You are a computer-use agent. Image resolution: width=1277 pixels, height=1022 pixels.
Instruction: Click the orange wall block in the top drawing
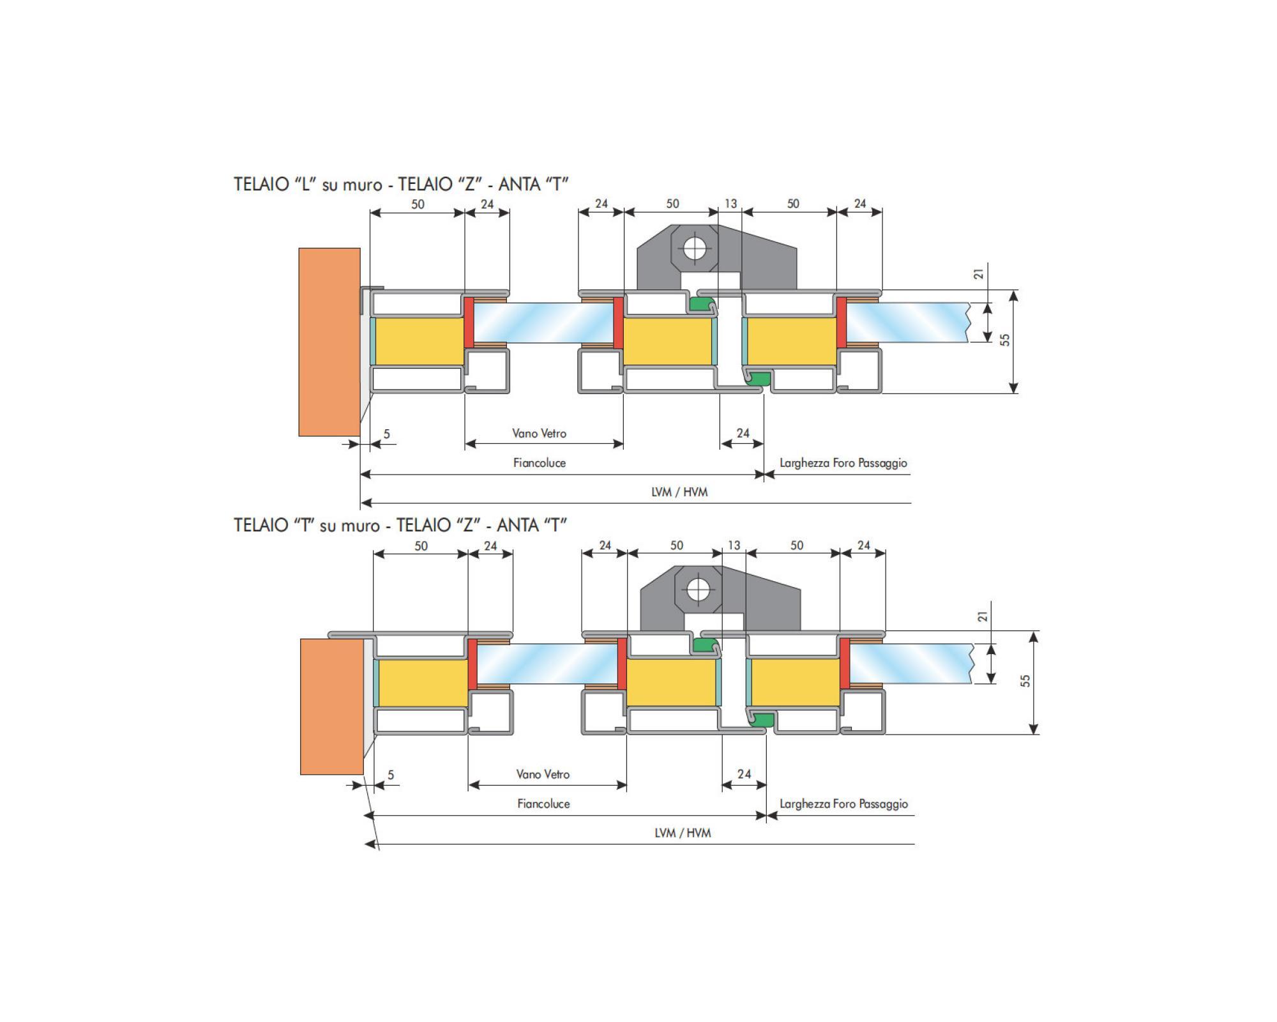coord(329,342)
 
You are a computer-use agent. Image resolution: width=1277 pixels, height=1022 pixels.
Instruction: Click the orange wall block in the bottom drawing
coord(332,706)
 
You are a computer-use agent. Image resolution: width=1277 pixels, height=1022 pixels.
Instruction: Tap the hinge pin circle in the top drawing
coord(694,247)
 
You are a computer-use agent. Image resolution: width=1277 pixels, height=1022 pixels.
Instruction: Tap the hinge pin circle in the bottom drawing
coord(698,589)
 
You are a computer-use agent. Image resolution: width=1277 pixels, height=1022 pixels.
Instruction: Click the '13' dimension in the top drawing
coord(730,204)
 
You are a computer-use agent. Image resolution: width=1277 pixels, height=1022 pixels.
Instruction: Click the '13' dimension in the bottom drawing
coord(734,545)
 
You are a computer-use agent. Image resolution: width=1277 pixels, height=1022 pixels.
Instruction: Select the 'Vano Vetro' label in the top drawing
coord(540,433)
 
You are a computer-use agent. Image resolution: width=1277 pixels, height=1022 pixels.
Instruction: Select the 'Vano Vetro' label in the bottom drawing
coord(543,774)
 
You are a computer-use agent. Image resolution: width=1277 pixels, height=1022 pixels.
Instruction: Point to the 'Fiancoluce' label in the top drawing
coord(540,462)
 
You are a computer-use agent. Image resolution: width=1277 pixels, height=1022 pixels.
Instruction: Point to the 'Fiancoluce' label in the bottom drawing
coord(543,804)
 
